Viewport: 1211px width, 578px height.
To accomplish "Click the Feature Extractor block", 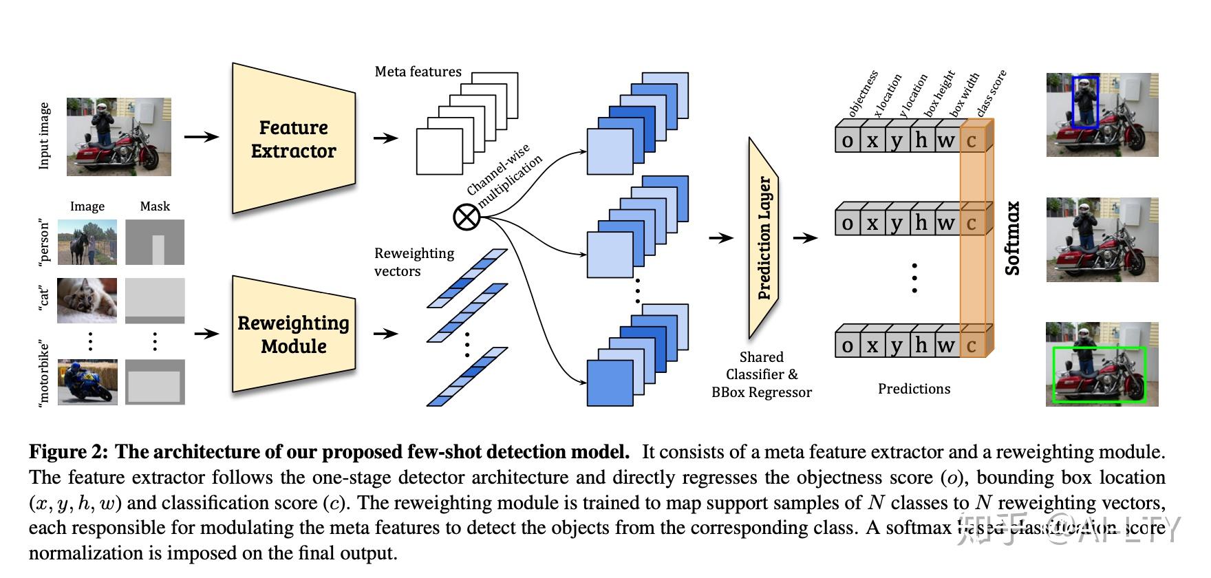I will (294, 139).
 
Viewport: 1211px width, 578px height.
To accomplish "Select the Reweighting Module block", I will (294, 334).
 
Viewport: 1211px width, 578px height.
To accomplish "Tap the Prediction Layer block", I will (764, 237).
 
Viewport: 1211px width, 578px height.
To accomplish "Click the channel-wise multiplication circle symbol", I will (467, 218).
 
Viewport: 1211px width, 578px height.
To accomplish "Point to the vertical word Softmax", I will (1013, 238).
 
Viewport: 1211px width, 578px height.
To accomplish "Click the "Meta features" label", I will (418, 72).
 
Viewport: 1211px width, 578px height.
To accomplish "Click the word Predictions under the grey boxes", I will (914, 389).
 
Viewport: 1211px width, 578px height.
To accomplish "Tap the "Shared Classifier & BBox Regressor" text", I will (761, 375).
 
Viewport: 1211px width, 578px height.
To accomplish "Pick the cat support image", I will (87, 300).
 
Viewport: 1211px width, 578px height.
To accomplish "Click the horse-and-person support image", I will (87, 242).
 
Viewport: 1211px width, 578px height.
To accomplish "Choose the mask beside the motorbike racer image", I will (155, 381).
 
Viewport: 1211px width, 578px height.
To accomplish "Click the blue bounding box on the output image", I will (1086, 102).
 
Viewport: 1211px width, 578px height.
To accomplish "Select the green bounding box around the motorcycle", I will (1098, 374).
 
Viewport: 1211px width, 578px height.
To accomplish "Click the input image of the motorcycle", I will (118, 136).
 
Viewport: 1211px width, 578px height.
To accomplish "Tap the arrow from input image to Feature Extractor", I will (201, 137).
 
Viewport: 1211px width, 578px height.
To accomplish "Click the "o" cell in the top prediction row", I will (847, 140).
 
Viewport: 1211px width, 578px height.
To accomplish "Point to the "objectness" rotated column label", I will (863, 94).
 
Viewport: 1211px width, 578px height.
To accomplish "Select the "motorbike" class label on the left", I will (44, 372).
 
